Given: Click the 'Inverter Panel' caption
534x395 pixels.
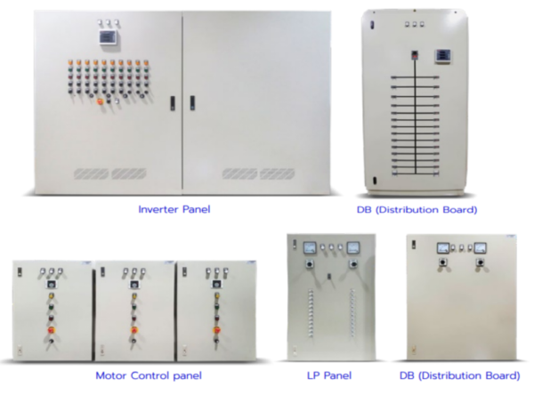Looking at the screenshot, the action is pos(174,209).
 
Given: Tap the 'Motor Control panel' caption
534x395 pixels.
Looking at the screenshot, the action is pos(149,375).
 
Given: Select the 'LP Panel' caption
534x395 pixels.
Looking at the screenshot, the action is pos(329,375).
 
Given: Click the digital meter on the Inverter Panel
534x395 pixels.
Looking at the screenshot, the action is pos(109,37).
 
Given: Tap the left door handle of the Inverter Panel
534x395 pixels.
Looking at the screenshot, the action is pos(173,103).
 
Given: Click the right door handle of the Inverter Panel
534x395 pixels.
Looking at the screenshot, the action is pos(192,103).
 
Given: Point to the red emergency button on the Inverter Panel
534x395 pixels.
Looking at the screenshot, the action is pos(100,101).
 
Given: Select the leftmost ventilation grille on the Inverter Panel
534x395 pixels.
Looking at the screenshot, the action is pos(92,173).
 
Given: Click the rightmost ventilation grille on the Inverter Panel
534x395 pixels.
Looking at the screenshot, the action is pos(277,173).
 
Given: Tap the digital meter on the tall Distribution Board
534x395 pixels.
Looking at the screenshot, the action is pos(443,55).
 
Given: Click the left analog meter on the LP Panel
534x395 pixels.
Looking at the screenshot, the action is pos(309,247).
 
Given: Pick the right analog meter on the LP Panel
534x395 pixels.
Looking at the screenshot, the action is pos(353,247).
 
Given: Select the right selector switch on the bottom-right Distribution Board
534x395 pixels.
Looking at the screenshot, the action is pos(481,262).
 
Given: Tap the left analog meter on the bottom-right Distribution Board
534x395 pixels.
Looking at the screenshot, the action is pos(443,248).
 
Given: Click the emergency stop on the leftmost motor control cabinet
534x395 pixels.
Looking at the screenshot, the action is pos(52,330).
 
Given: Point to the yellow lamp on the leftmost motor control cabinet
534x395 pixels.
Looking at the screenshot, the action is pos(52,295).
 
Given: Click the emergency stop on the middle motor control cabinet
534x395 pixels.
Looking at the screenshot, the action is pos(133,330).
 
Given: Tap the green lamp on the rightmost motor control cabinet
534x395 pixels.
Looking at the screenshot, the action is pos(216,307).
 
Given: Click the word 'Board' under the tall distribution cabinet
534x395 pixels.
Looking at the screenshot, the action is pos(460,209).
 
